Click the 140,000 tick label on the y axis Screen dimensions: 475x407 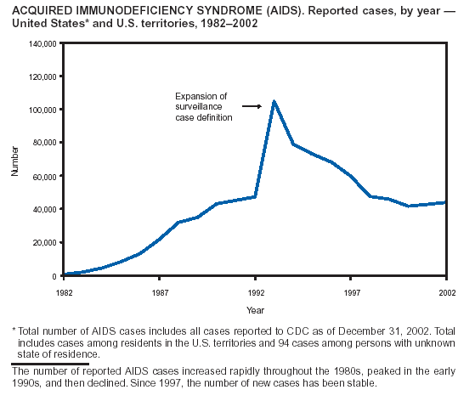(x=42, y=44)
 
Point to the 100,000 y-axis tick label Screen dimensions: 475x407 (x=42, y=110)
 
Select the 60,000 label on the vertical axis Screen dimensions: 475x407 (x=44, y=177)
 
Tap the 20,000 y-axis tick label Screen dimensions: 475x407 (x=44, y=243)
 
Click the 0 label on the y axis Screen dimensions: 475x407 (x=54, y=276)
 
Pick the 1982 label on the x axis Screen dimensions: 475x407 (x=65, y=293)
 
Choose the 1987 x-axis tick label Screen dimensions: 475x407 (x=160, y=293)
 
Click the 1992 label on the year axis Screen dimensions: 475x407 (x=256, y=293)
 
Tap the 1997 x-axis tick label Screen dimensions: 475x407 (x=352, y=293)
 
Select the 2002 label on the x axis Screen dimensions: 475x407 (x=447, y=293)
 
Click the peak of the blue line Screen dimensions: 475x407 (x=274, y=101)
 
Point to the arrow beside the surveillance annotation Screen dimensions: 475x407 (x=252, y=106)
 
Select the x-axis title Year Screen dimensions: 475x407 (x=255, y=310)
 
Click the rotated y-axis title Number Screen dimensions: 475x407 (x=14, y=161)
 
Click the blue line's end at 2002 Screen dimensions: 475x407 (x=445, y=202)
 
